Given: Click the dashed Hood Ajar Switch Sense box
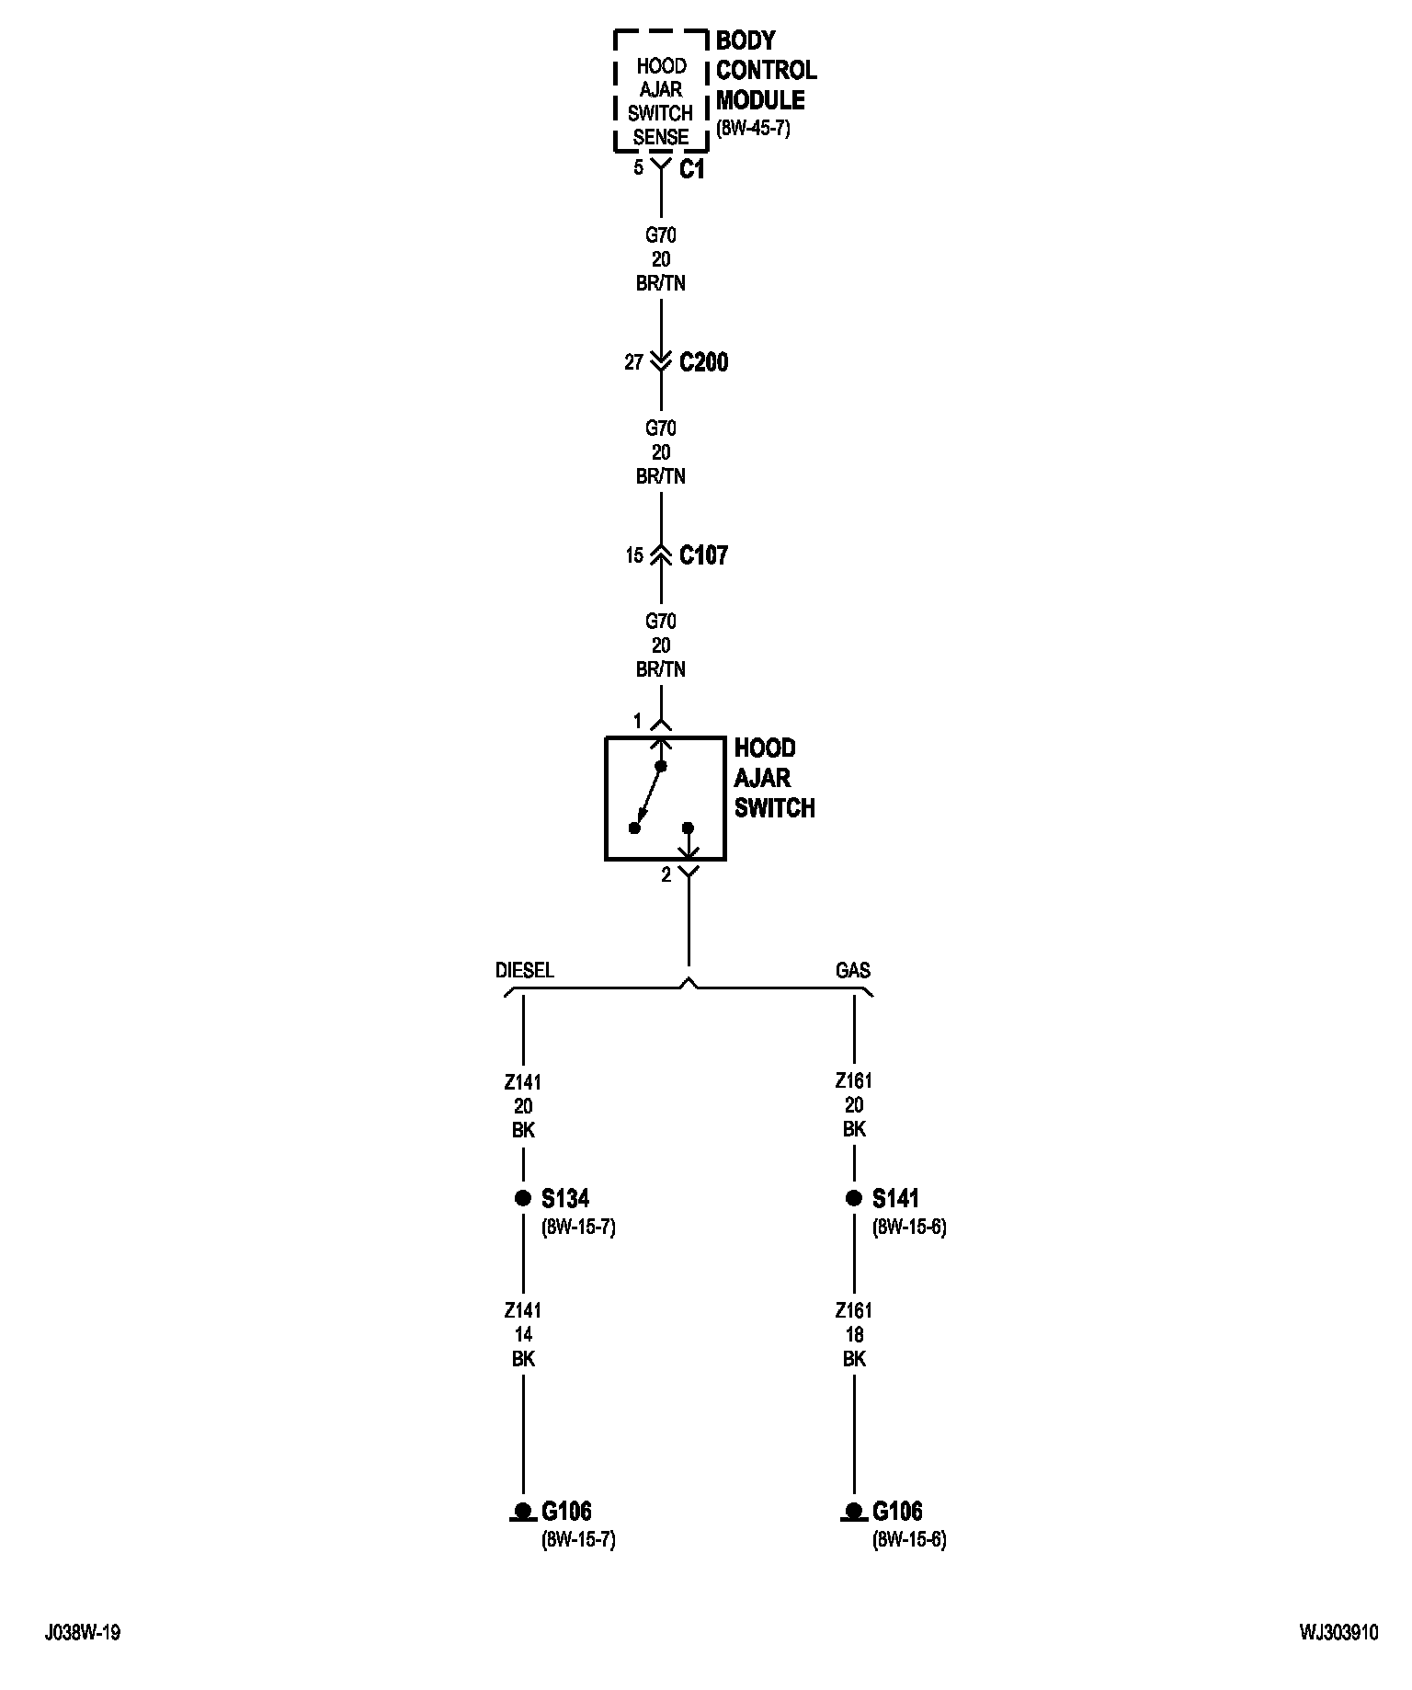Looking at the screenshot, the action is [x=661, y=90].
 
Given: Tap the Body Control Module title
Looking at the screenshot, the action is [x=766, y=70].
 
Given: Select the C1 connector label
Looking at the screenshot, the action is [x=691, y=170].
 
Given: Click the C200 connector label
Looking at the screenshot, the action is [x=703, y=362].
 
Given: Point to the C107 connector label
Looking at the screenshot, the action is [x=703, y=555].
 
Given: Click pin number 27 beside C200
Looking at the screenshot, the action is [x=633, y=362].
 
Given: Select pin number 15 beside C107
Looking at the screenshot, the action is [x=634, y=555].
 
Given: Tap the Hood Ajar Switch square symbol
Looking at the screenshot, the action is [x=665, y=798].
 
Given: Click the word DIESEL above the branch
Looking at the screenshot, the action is [x=525, y=970].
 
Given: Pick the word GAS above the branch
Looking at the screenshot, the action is [x=852, y=970].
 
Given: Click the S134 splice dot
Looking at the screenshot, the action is [x=523, y=1197].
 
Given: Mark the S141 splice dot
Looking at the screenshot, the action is [x=854, y=1197].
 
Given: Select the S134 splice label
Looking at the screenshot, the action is [x=564, y=1198].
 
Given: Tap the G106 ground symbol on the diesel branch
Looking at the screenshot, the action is [x=523, y=1511].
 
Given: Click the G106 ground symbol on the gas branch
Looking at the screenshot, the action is [x=854, y=1511].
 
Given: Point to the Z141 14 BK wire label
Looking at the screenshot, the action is [x=523, y=1334].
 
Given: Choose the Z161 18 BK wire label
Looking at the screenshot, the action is [x=854, y=1334].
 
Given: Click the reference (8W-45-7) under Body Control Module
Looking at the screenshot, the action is [x=752, y=129].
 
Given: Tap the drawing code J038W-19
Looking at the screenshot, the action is [x=83, y=1633].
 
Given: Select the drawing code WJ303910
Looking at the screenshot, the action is [x=1338, y=1633].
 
